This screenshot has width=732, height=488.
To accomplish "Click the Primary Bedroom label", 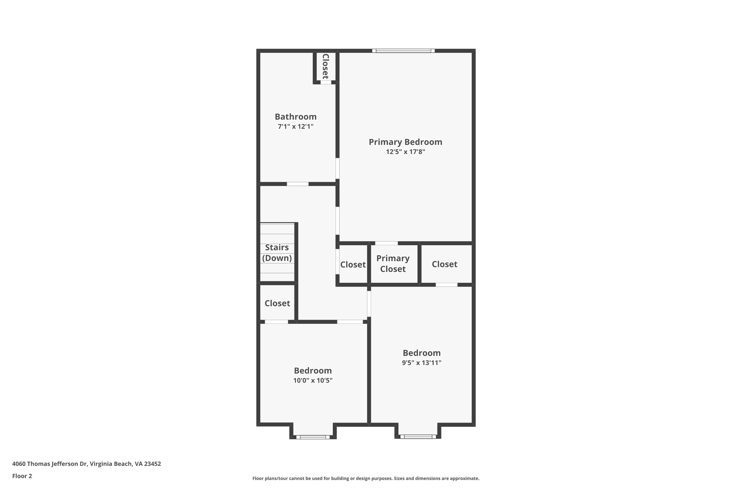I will click(405, 142).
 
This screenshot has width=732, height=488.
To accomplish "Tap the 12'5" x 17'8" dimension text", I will click(405, 152).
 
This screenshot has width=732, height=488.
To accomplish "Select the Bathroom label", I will click(296, 117).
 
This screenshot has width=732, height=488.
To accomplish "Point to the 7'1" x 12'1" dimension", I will click(296, 126).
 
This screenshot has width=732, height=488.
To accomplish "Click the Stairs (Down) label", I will click(277, 252).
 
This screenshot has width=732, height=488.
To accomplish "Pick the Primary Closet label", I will click(393, 263).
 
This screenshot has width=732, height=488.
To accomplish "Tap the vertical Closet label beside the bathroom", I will click(325, 66).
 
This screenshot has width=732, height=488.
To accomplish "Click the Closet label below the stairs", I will click(277, 303).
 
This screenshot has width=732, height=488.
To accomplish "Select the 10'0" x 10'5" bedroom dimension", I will click(313, 380).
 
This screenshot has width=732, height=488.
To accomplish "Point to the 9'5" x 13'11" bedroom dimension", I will click(421, 363).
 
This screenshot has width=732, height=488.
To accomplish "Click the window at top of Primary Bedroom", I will click(404, 51).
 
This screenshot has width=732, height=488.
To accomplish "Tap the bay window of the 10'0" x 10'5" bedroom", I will click(313, 437).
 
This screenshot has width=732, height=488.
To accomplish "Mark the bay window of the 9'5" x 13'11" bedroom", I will click(418, 437).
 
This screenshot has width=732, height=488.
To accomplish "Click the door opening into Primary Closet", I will click(386, 243).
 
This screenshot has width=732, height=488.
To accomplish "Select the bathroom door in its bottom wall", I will click(298, 184).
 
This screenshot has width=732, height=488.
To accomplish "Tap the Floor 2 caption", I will click(22, 476).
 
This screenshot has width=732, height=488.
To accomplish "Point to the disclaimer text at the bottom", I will click(366, 478).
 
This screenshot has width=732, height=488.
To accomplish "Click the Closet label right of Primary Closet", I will click(444, 264).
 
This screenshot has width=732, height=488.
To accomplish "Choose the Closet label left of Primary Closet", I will click(353, 265).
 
